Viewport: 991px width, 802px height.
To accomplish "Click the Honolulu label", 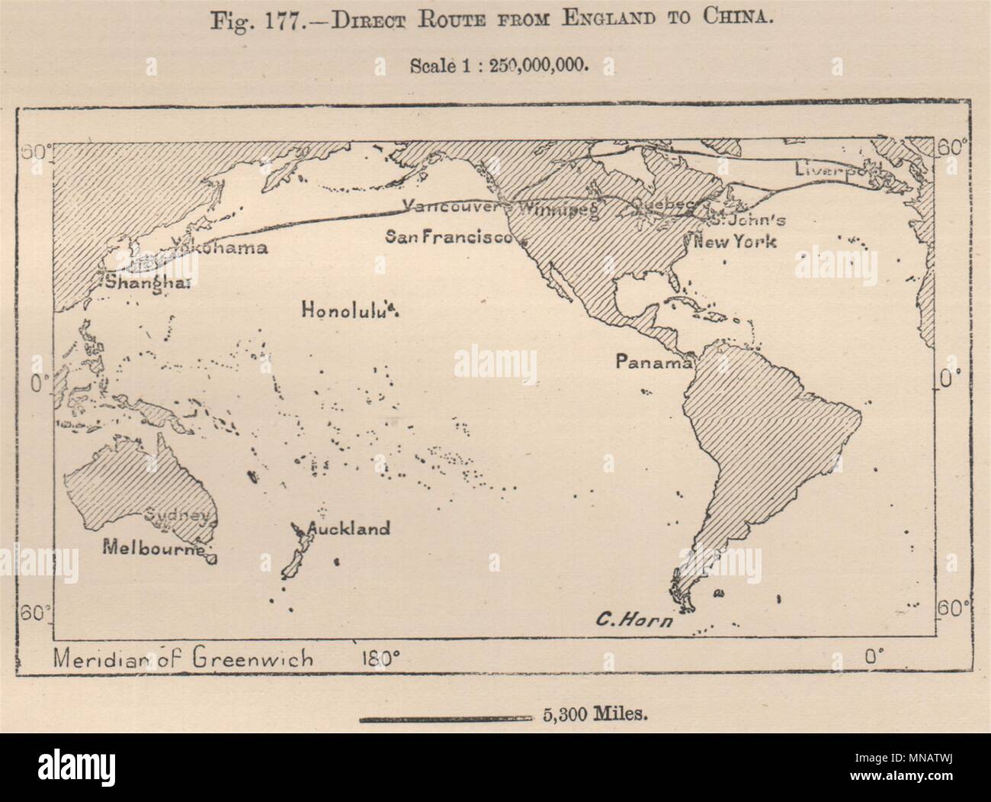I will click(x=348, y=310).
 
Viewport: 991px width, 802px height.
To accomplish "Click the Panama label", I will click(x=653, y=362).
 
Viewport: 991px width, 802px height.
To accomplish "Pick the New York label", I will click(x=734, y=242).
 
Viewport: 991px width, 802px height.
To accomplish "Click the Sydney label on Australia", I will click(x=177, y=516).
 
